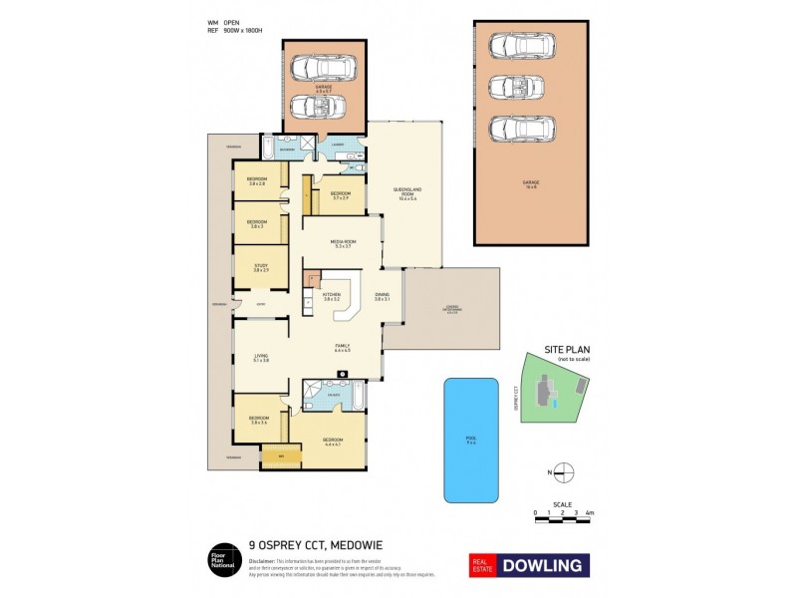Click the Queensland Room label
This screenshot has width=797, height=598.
[x=404, y=191]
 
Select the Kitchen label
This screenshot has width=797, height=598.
[x=332, y=296]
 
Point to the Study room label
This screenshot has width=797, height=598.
[x=261, y=267]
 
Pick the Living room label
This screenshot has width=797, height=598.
[x=261, y=358]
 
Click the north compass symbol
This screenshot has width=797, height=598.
[x=564, y=471]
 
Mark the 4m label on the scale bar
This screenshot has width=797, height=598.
[x=589, y=512]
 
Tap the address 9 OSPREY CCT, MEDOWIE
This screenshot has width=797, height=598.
[x=315, y=547]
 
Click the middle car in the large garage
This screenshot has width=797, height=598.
[x=515, y=87]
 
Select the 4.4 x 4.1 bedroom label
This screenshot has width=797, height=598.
[x=332, y=443]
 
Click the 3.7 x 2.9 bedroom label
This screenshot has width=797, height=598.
[x=341, y=195]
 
